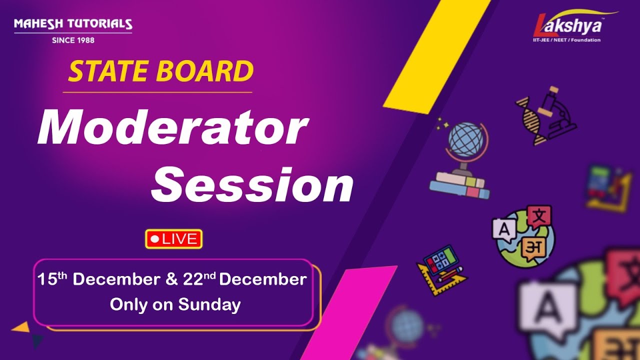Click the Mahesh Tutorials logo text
coord(73,24)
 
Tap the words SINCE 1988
coord(73,40)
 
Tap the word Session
coord(252,186)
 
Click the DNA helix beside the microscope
coord(529,120)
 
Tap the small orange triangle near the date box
coord(21,327)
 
